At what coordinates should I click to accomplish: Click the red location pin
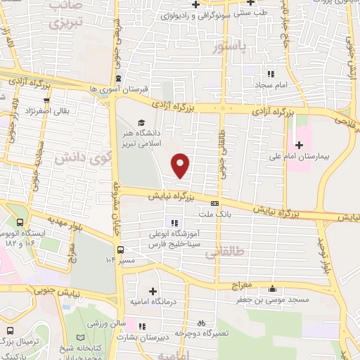point(181,165)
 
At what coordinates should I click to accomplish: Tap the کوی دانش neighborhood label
point(85,157)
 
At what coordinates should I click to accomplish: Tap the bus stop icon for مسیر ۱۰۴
point(120,249)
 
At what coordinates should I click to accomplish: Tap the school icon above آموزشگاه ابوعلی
point(155,224)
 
